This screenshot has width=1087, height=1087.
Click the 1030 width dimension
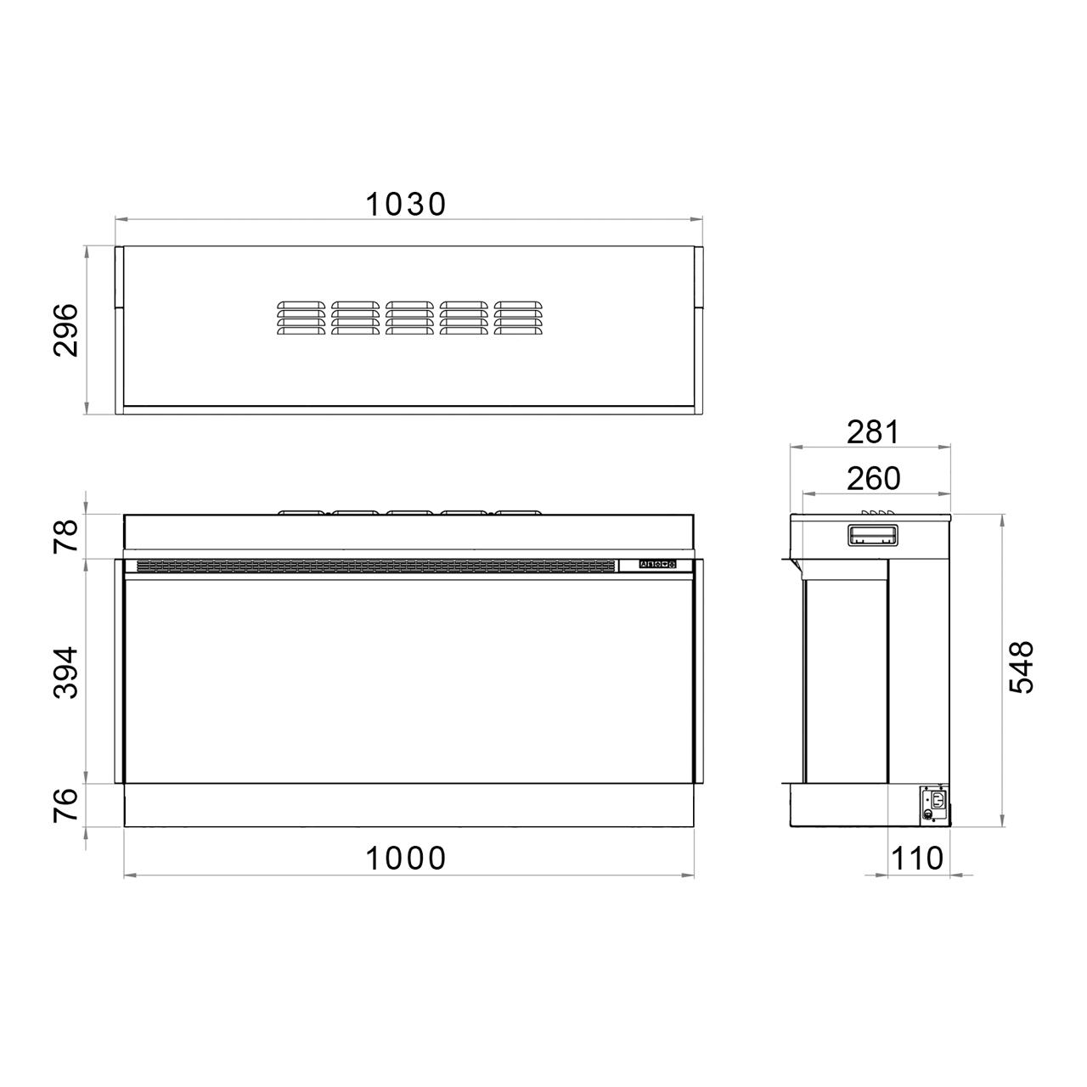tap(406, 204)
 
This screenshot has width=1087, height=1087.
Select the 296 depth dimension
tap(65, 330)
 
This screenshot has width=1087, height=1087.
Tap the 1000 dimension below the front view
tap(406, 858)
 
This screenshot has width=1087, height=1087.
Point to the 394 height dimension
tap(65, 673)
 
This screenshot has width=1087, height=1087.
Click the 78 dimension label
tap(65, 536)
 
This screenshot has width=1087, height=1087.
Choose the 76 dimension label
tap(65, 805)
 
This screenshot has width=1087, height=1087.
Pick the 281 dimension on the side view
tap(873, 432)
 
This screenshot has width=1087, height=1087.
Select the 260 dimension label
tap(873, 479)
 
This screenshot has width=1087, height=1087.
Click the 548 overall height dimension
tap(1021, 667)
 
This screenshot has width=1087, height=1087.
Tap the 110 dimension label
tap(916, 858)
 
